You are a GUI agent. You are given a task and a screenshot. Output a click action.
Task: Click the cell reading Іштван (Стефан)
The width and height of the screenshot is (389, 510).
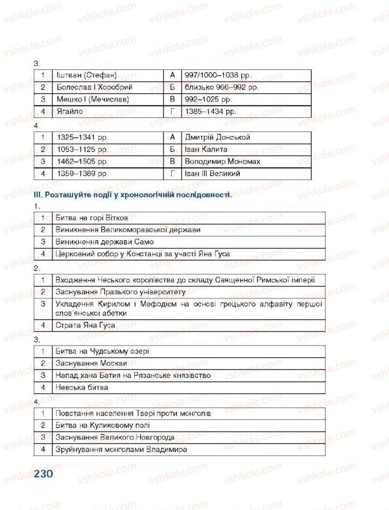(x=88, y=76)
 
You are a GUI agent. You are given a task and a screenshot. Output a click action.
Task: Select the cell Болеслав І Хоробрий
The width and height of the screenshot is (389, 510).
(x=94, y=88)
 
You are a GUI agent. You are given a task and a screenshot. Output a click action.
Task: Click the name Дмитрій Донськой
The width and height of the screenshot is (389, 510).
(x=217, y=138)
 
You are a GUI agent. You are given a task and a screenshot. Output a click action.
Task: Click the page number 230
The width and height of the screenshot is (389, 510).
(x=43, y=473)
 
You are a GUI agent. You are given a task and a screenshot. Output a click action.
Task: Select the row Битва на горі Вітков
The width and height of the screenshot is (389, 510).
(x=92, y=218)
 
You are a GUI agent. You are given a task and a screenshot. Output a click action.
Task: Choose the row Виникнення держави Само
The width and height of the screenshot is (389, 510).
(x=105, y=242)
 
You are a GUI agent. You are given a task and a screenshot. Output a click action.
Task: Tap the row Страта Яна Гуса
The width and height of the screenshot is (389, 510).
(x=85, y=325)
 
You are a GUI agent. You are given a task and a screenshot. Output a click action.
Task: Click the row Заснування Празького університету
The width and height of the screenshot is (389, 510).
(x=121, y=292)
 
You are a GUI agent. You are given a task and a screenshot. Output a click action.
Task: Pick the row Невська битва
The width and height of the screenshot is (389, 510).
(x=82, y=387)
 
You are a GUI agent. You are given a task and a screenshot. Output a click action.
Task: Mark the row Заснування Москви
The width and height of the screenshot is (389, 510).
(x=91, y=363)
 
